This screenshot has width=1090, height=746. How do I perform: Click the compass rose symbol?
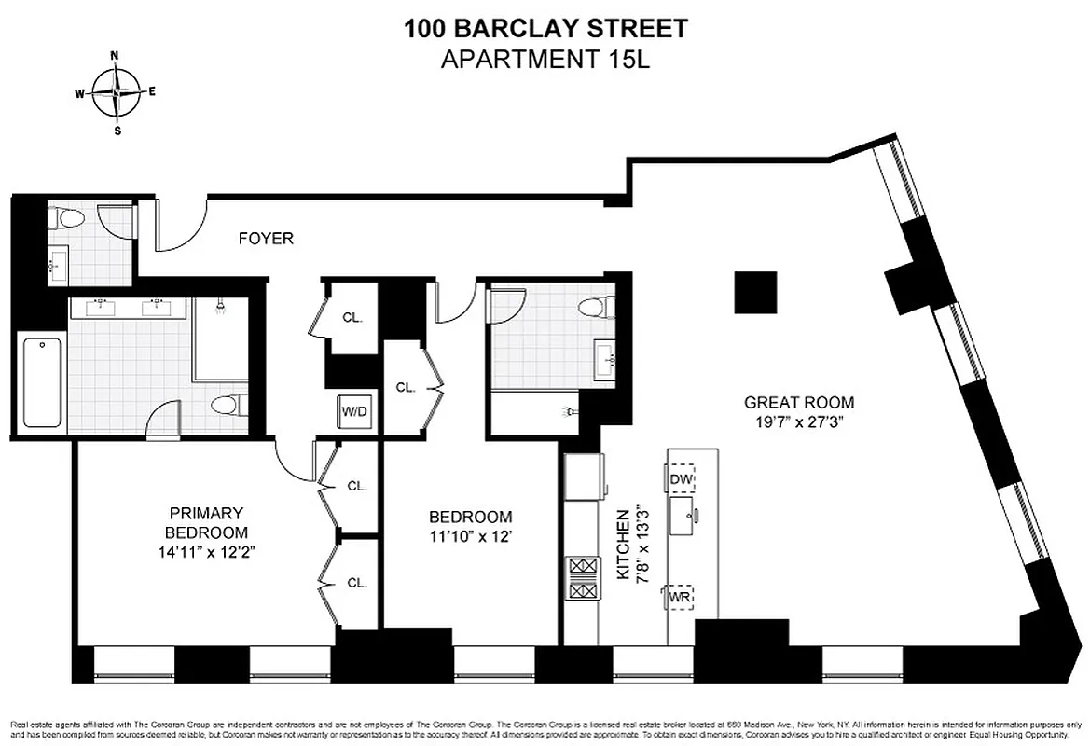tap(116, 92)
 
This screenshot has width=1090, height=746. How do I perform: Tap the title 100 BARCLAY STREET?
tap(545, 29)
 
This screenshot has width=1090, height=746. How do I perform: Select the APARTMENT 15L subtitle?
tap(545, 59)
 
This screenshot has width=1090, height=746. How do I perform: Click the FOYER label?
tap(265, 239)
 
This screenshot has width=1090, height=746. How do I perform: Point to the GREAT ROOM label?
tap(798, 403)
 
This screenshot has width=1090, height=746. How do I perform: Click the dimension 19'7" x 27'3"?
tap(798, 421)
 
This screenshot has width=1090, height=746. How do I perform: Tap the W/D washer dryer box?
tap(352, 411)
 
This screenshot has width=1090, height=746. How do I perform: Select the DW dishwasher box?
tap(682, 479)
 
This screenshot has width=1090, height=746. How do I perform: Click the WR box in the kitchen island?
tap(678, 596)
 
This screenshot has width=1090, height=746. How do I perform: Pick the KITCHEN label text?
tap(624, 545)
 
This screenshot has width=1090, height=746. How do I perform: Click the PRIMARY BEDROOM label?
tap(206, 522)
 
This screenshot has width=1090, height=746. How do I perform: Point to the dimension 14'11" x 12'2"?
tap(206, 551)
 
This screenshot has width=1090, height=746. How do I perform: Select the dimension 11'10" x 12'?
tap(470, 536)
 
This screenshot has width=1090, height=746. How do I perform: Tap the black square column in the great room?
tap(754, 293)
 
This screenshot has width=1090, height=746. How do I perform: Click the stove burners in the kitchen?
tap(582, 578)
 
